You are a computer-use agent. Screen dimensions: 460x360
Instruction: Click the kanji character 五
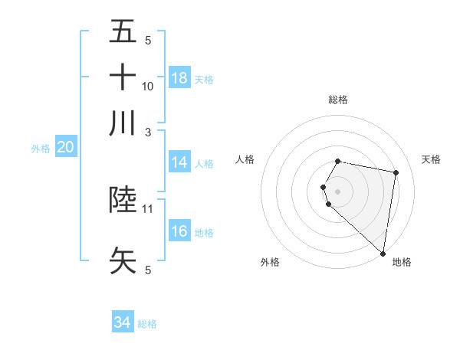[x=123, y=32]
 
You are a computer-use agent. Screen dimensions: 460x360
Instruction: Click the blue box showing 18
[x=179, y=78]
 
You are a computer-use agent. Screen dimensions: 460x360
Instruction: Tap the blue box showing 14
[x=179, y=162]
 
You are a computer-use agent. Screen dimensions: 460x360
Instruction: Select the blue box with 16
[x=179, y=231]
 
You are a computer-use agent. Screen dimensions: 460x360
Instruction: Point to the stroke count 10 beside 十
[x=148, y=86]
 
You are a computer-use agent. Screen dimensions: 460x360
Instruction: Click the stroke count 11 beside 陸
[x=148, y=208]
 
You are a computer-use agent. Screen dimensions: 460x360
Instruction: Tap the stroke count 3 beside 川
[x=148, y=131]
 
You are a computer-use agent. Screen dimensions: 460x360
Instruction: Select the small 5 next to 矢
[x=148, y=269]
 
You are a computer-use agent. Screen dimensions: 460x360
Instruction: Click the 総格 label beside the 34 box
[x=147, y=324]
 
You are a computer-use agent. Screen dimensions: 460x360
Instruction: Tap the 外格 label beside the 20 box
[x=41, y=149]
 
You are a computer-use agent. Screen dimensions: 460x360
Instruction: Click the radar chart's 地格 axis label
[x=402, y=262]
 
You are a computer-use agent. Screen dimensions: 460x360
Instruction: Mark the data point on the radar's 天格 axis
[x=396, y=173]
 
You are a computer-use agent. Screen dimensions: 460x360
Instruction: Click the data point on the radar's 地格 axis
[x=383, y=253]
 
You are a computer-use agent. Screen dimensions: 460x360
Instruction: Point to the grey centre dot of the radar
[x=338, y=190]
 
